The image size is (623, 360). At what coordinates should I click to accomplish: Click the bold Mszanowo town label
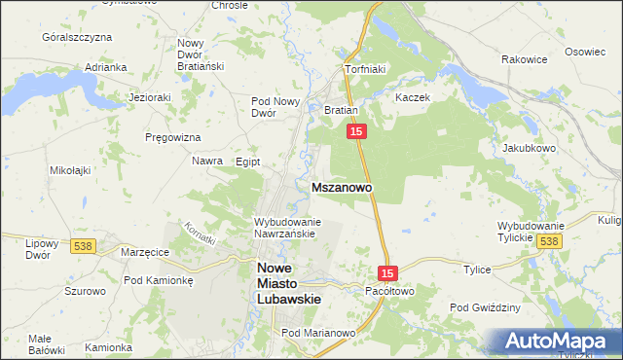(x=340, y=186)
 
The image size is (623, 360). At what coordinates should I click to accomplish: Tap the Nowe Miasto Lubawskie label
(x=287, y=284)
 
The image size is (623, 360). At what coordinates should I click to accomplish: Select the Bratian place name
(x=342, y=111)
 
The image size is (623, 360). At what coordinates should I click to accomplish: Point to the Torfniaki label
(x=366, y=70)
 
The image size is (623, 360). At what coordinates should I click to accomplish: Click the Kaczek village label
(x=413, y=98)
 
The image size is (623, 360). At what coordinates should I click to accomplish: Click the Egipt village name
(x=248, y=162)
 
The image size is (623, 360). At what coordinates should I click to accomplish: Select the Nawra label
(x=207, y=161)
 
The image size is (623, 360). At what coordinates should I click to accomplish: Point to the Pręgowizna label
(x=171, y=137)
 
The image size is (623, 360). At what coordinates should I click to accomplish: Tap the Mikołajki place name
(x=70, y=169)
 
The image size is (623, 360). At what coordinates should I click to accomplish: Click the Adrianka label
(x=106, y=67)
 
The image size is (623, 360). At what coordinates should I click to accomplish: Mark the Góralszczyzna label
(x=77, y=37)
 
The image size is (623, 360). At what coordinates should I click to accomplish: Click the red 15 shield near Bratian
(x=357, y=131)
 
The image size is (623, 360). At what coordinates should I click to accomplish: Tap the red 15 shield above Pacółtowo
(x=388, y=274)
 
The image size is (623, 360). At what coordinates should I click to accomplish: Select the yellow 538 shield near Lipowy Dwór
(x=82, y=247)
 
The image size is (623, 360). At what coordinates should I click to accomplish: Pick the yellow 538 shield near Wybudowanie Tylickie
(x=550, y=240)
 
